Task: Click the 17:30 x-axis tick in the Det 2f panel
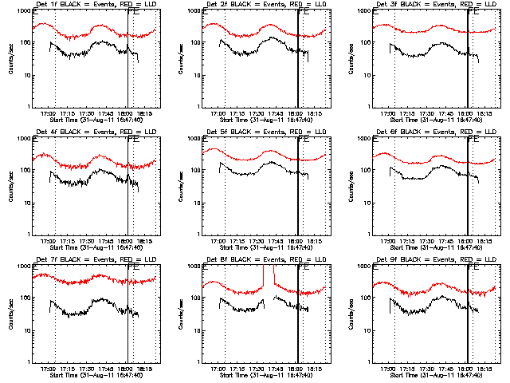click(x=257, y=113)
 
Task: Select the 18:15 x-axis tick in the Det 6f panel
click(x=485, y=241)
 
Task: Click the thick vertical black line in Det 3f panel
click(x=468, y=59)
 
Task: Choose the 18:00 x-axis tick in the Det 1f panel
click(x=125, y=113)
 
